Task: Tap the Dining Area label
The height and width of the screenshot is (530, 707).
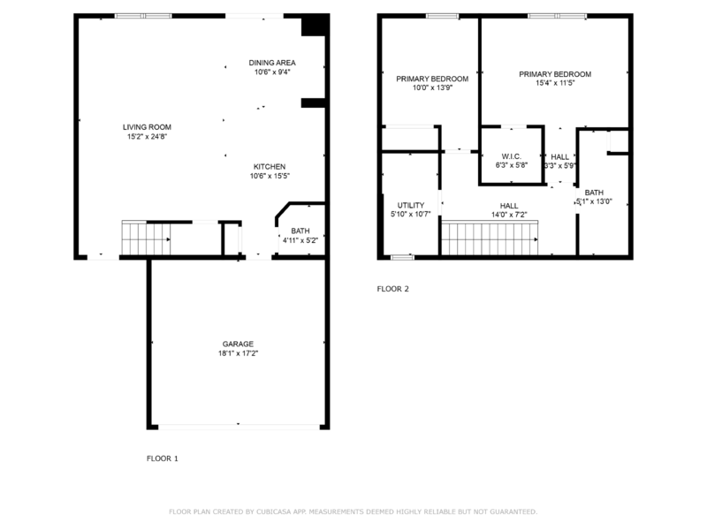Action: click(271, 63)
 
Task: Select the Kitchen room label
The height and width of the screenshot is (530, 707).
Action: click(270, 166)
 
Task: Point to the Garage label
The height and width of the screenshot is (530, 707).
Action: click(238, 344)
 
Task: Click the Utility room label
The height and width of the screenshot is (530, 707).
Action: click(411, 205)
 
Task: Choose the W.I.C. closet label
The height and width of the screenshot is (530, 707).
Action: click(511, 156)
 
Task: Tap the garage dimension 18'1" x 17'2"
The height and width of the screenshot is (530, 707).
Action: click(238, 353)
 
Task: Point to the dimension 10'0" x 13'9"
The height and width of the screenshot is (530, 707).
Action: click(432, 87)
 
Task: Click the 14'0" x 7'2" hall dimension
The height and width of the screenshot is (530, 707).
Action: click(509, 215)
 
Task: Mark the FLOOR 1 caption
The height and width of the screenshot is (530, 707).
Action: click(162, 458)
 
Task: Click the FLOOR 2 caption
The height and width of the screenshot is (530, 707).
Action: click(393, 289)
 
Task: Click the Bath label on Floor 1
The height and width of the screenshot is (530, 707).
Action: click(300, 231)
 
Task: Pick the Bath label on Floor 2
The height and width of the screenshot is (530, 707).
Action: click(593, 192)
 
